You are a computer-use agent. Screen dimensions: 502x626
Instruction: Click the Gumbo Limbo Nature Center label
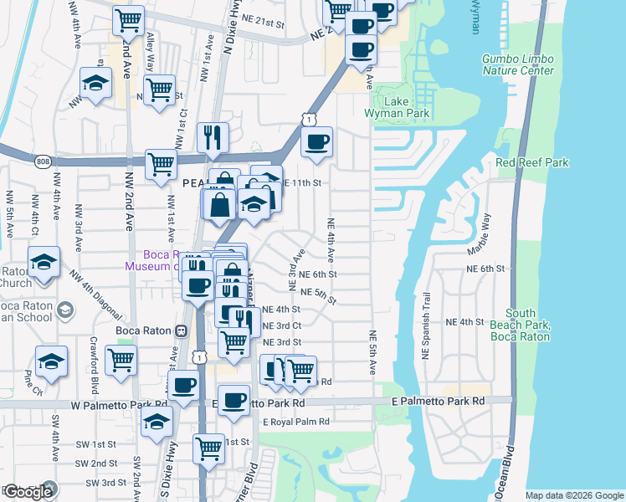click(518, 64)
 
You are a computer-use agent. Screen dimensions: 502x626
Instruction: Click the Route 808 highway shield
click(43, 160)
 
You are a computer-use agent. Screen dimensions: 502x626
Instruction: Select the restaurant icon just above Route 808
click(213, 137)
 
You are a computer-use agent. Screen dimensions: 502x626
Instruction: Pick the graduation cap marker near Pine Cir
click(52, 361)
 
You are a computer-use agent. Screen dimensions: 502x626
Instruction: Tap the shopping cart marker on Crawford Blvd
click(122, 360)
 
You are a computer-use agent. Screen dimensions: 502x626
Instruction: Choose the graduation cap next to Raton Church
click(44, 262)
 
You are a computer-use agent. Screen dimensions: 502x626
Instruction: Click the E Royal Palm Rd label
click(296, 422)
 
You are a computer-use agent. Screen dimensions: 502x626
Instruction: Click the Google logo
click(28, 492)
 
